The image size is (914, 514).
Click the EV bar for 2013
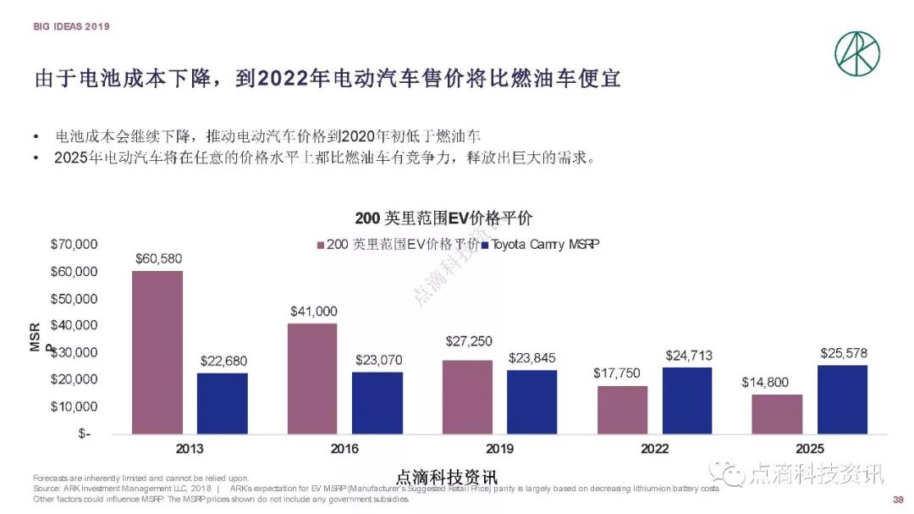tap(157, 352)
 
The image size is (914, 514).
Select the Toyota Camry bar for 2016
tap(377, 403)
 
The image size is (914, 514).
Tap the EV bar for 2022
tap(623, 410)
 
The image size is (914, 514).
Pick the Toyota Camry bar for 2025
tap(842, 399)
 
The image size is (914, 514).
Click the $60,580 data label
tap(158, 258)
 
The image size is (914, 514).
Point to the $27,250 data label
tap(468, 341)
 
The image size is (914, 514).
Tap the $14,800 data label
tap(776, 382)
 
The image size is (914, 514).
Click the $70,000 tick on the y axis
tap(74, 245)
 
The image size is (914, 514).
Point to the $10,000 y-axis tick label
tap(74, 406)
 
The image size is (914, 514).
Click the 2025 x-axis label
tap(810, 449)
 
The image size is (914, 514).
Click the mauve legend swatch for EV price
tap(321, 245)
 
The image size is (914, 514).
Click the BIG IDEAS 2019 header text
tap(72, 26)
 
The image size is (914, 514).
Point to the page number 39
tap(899, 500)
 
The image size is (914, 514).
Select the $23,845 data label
tap(533, 358)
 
